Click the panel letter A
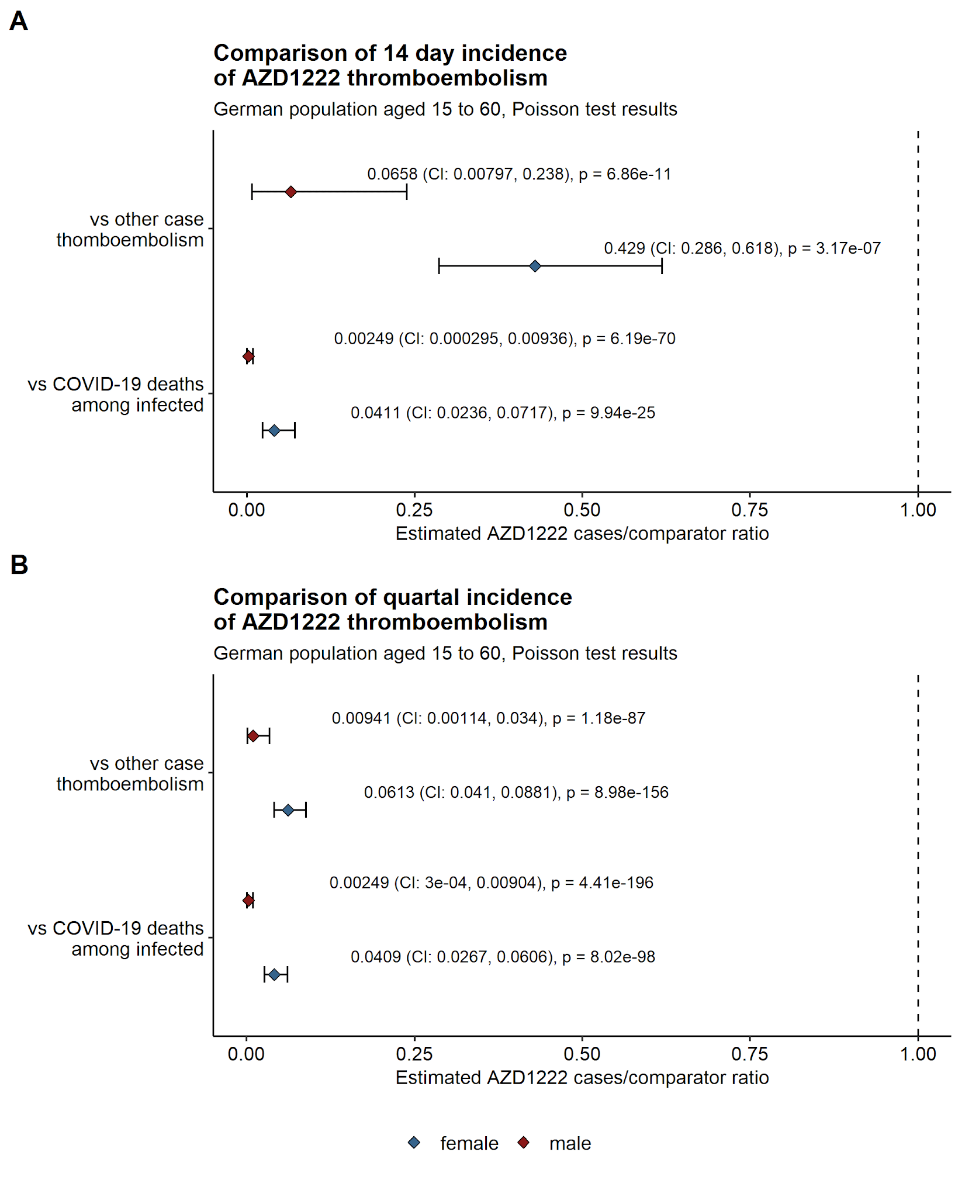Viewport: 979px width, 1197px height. [x=19, y=22]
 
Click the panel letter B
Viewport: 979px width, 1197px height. [x=19, y=565]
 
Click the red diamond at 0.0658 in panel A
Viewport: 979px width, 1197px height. [x=291, y=192]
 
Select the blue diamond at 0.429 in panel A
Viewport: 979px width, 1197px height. [x=535, y=266]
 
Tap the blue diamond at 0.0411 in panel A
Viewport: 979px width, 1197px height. [x=274, y=431]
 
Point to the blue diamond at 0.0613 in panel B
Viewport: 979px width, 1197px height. [x=288, y=810]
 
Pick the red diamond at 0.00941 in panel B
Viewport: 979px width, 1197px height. [x=253, y=736]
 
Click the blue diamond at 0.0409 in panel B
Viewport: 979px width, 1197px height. [x=274, y=974]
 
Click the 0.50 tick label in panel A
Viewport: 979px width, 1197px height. [x=582, y=510]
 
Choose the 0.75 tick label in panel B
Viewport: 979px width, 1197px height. [x=749, y=1054]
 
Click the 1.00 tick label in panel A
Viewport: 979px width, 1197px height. [x=918, y=510]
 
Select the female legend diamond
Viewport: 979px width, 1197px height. [x=414, y=1143]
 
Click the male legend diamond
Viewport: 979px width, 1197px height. [x=523, y=1143]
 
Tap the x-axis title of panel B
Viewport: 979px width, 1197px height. [x=582, y=1078]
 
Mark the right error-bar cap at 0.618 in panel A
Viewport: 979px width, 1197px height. [x=662, y=266]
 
